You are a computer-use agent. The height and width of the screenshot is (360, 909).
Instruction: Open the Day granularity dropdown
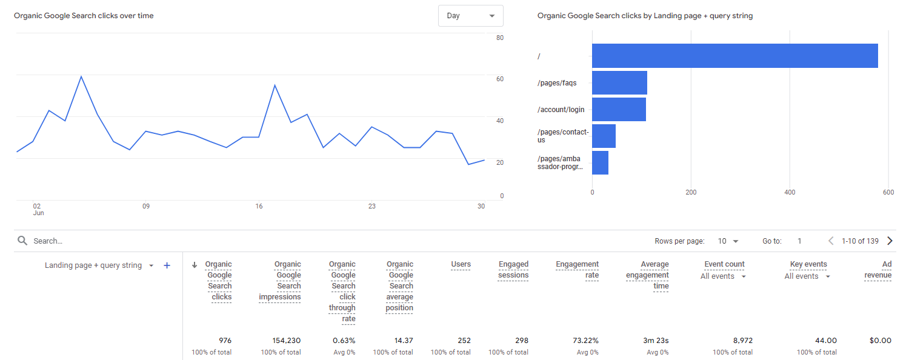[x=471, y=16]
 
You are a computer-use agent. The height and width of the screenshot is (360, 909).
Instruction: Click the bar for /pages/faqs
[x=619, y=83]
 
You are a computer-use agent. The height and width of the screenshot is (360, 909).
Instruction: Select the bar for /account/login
[x=619, y=109]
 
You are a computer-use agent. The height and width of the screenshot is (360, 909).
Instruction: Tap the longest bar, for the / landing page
[x=735, y=56]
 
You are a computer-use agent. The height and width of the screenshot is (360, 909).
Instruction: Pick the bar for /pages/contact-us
[x=604, y=136]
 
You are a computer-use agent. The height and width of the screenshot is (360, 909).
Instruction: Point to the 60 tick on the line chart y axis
[x=500, y=79]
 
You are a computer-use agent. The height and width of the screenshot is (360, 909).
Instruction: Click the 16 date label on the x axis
[x=259, y=206]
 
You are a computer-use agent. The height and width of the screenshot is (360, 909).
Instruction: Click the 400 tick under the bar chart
[x=790, y=192]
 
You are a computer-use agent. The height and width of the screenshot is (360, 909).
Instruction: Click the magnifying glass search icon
[x=22, y=241]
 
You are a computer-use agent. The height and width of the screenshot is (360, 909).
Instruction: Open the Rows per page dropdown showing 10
[x=728, y=241]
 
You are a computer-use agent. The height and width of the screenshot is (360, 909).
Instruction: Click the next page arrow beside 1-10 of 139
[x=890, y=241]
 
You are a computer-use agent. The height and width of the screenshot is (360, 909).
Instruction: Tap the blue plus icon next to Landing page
[x=167, y=265]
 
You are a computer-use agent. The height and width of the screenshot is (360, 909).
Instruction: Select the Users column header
[x=461, y=264]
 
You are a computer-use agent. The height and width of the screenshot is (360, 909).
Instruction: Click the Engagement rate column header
[x=577, y=270]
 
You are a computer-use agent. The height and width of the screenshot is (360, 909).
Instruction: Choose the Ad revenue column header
[x=878, y=270]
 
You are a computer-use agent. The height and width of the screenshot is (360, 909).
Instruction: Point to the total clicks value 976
[x=225, y=341]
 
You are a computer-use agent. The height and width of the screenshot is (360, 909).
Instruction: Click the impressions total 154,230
[x=287, y=341]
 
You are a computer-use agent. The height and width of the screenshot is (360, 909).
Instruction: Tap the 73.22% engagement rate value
[x=585, y=341]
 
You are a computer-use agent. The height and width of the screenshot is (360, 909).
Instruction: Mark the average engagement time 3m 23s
[x=656, y=341]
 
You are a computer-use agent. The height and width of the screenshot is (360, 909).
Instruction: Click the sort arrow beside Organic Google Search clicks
[x=195, y=265]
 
